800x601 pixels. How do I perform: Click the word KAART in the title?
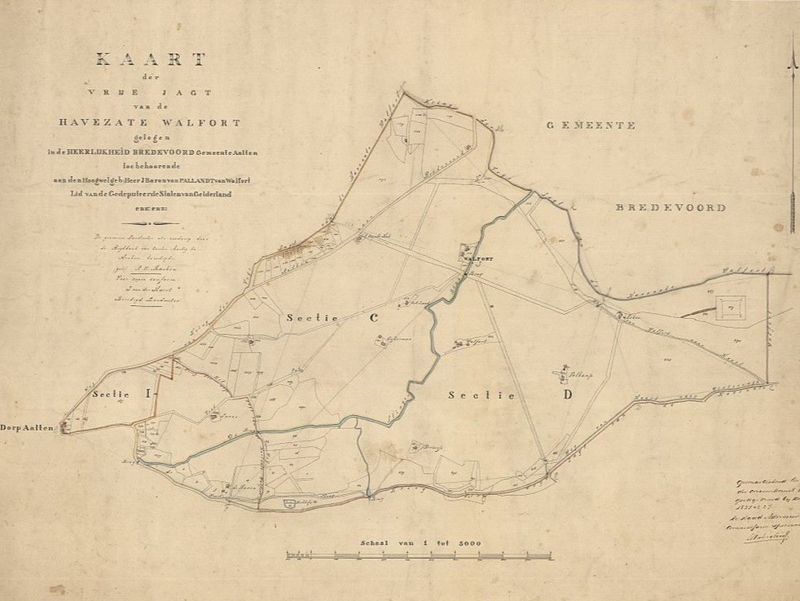(152, 60)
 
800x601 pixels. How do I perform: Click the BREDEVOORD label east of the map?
(671, 208)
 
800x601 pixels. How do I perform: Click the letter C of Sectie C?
(376, 319)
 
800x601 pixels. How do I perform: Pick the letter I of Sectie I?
(147, 394)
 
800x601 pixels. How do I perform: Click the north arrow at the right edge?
(791, 139)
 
